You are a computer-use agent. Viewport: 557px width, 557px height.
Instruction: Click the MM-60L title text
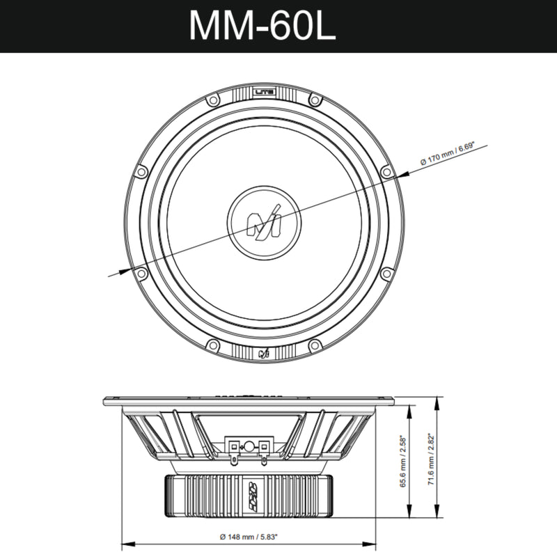coord(262,26)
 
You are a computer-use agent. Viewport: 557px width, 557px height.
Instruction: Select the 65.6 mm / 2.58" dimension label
coord(402,462)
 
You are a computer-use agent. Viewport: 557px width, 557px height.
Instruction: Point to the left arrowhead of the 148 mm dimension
coord(126,544)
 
